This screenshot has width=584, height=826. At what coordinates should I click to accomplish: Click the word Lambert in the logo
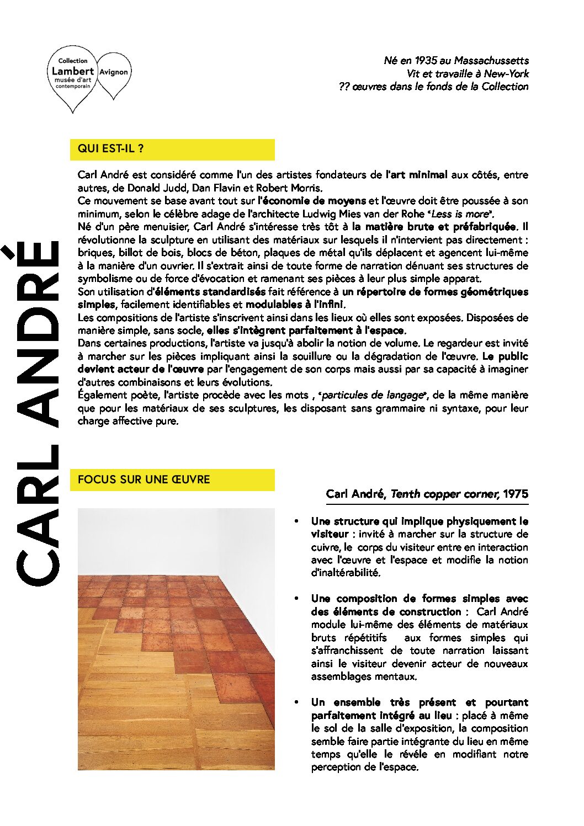click(73, 71)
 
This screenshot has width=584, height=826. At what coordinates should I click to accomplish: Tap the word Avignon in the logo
click(114, 72)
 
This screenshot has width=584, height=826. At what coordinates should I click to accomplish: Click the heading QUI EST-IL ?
click(111, 148)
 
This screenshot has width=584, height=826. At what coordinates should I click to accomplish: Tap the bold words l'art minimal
click(416, 175)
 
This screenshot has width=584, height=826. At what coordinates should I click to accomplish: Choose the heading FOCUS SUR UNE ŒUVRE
click(144, 479)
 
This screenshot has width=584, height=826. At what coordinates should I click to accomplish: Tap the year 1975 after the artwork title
click(516, 494)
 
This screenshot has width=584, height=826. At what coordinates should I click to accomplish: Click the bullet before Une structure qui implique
click(297, 521)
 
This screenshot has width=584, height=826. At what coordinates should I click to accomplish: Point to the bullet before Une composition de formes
click(297, 599)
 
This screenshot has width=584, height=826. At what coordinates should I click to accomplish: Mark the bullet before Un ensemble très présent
click(297, 702)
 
